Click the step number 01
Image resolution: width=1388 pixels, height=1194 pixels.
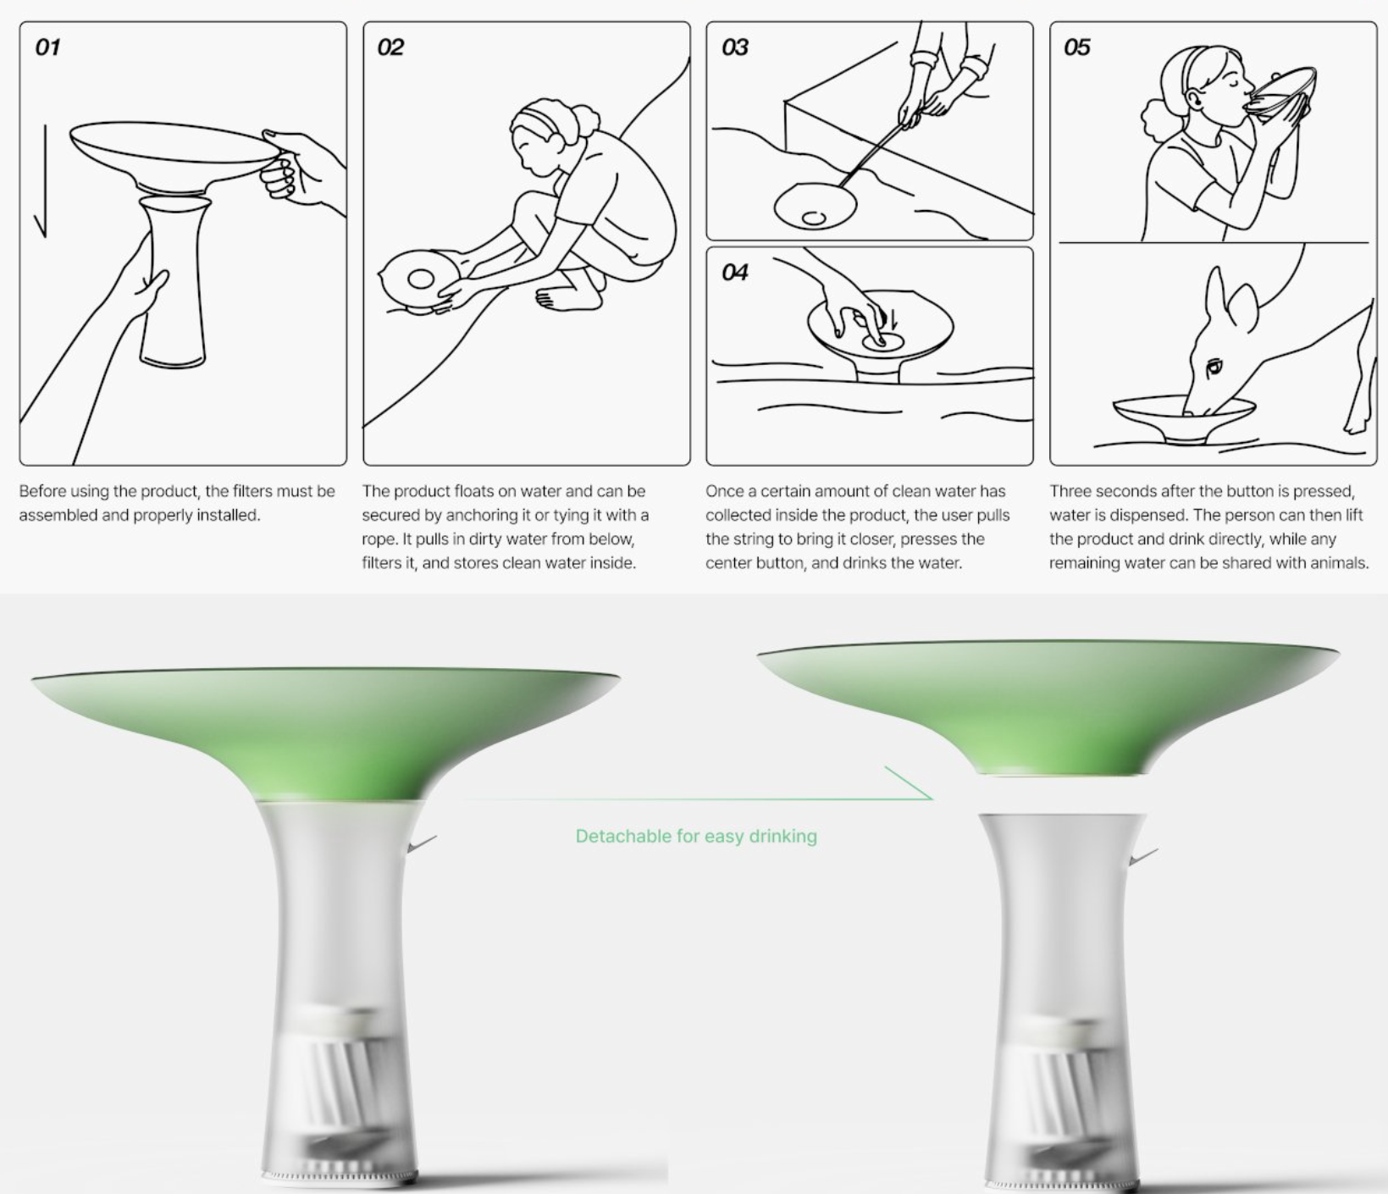[47, 47]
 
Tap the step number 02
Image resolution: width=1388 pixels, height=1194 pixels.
[390, 47]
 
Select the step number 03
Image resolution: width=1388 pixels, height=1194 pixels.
[735, 47]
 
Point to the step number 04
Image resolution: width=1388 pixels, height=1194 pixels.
[735, 273]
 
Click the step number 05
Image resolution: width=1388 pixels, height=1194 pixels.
[1077, 47]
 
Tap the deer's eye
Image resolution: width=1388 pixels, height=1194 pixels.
[1214, 367]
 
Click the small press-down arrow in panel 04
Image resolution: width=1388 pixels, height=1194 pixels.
[893, 318]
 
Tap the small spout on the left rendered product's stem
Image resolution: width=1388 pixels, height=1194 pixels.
[421, 844]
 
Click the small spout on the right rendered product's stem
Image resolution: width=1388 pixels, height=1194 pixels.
[1143, 856]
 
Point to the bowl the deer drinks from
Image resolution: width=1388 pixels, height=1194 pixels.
[1184, 419]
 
